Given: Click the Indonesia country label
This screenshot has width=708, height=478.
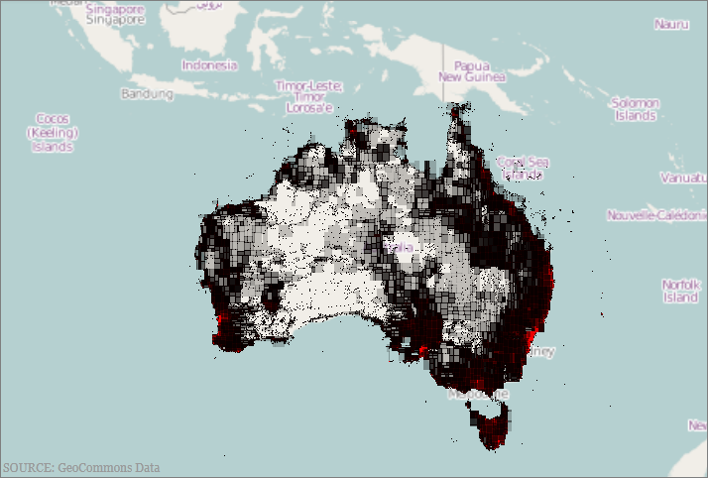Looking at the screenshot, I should (209, 65).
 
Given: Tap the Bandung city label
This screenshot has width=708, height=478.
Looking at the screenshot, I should (146, 93).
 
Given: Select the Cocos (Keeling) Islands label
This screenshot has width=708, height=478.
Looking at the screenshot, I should (53, 132).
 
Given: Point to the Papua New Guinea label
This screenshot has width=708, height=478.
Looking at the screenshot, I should (472, 70).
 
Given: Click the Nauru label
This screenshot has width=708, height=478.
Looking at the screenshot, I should (670, 24).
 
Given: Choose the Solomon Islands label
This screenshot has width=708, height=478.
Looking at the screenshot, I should (635, 109).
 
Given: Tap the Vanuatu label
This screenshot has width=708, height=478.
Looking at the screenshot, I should (682, 178).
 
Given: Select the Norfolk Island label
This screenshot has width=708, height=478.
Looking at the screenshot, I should (681, 291).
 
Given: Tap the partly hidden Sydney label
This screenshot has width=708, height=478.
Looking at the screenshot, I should (543, 351).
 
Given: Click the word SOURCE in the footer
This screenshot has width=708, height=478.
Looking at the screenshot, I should (27, 467).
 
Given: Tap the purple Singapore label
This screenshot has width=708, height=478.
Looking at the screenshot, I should (113, 19).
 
